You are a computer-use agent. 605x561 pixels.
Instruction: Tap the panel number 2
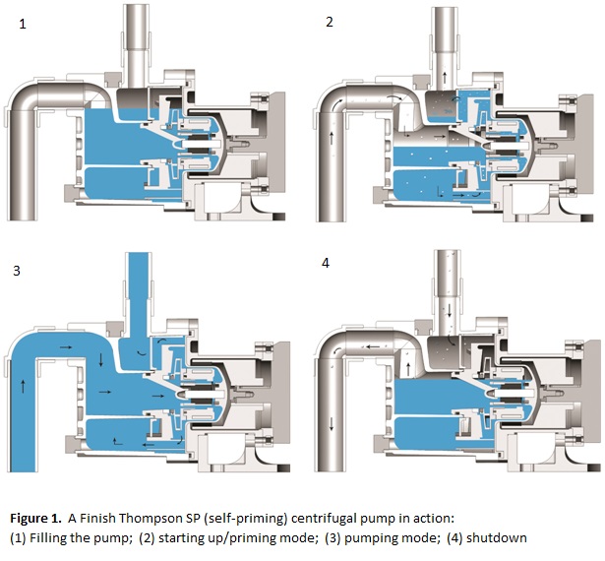pyautogui.click(x=330, y=22)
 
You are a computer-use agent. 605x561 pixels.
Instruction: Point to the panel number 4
pyautogui.click(x=329, y=265)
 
